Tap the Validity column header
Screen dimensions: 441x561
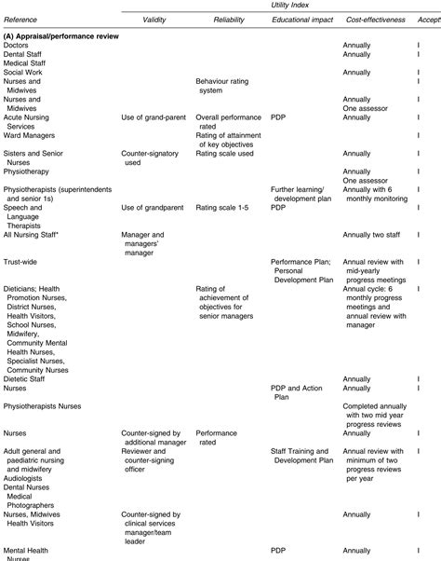[154, 20]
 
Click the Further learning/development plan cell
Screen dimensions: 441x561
[301, 193]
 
